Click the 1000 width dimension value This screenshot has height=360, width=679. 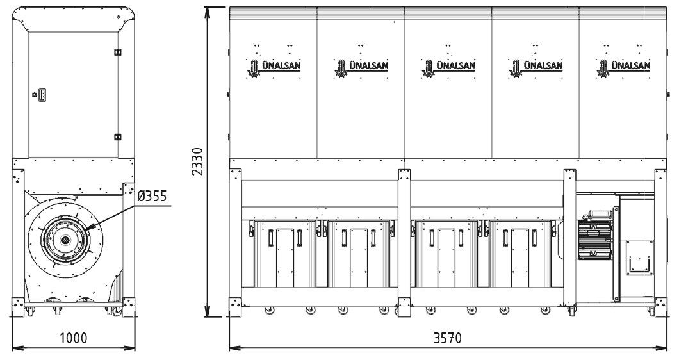point(73,338)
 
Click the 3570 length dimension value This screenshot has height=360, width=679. point(447,338)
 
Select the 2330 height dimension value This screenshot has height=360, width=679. point(197,161)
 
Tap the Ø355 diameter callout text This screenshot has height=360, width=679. point(152,196)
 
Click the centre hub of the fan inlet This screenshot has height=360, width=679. point(65,240)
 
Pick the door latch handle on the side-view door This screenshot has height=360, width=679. point(42,94)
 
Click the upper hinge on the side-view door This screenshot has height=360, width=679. point(117,52)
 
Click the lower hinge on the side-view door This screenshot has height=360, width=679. point(117,137)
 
